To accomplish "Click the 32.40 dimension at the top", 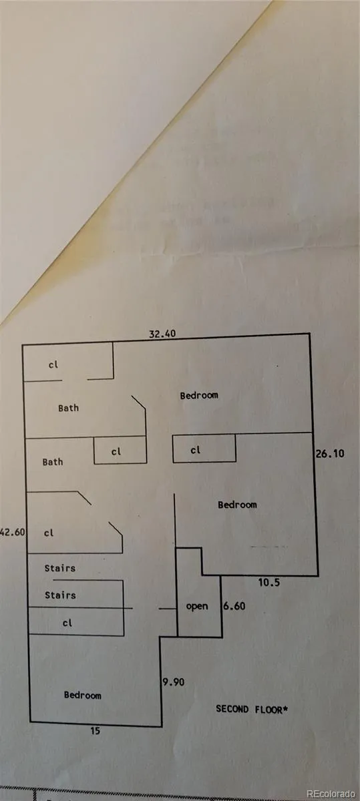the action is click(162, 334).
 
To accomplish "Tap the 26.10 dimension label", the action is click(330, 454).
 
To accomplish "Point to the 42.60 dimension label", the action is click(13, 532).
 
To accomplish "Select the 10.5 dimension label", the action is click(269, 583).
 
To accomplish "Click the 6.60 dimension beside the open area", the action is click(234, 606).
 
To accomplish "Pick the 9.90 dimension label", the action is click(174, 682).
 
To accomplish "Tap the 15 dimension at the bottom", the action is click(96, 731).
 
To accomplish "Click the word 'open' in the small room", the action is click(197, 607).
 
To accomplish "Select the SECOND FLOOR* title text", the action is click(252, 709).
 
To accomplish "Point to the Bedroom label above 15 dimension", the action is click(82, 695).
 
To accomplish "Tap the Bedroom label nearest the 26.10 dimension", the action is click(237, 505).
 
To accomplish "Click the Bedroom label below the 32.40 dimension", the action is click(199, 395).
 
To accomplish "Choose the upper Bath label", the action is click(68, 408).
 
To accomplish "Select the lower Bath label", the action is click(53, 462).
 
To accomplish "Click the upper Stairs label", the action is click(59, 568).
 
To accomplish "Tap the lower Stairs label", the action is click(60, 595).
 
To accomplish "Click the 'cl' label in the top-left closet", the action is click(53, 364).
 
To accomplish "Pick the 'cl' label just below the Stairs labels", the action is click(67, 623).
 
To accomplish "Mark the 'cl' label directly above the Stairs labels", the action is click(49, 533).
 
